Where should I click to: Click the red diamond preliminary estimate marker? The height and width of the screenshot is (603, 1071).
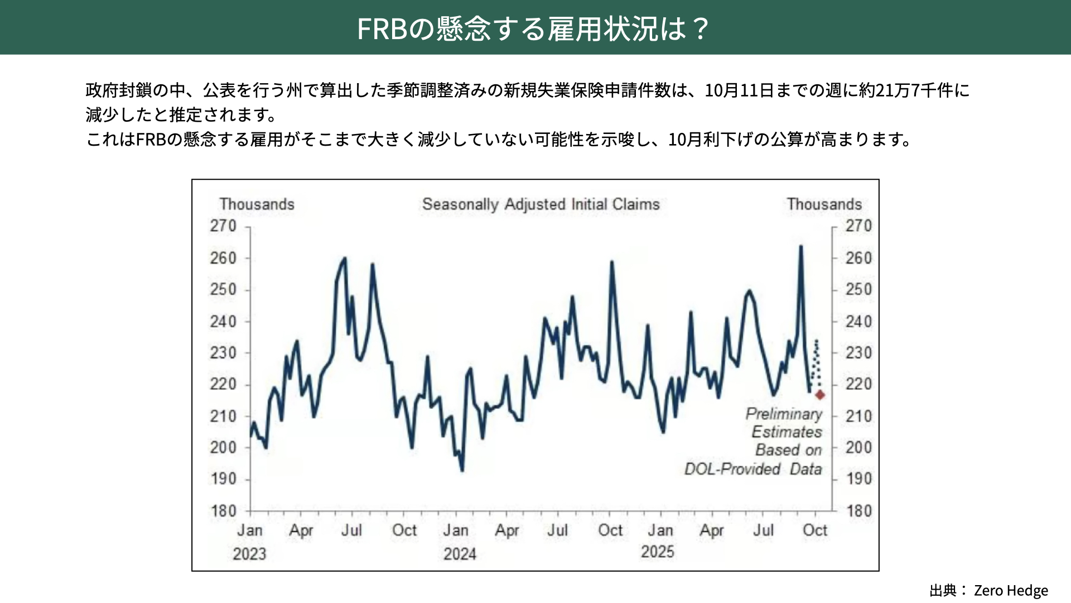click(x=820, y=395)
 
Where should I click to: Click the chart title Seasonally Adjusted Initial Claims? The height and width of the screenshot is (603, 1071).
click(x=541, y=204)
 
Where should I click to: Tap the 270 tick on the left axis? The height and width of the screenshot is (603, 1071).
click(x=223, y=226)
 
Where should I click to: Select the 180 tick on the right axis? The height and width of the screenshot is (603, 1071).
click(x=858, y=511)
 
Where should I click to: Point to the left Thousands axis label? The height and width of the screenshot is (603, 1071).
click(x=257, y=204)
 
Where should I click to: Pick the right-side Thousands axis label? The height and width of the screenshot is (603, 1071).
click(x=824, y=204)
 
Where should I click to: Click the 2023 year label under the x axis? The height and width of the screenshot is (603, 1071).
click(x=249, y=554)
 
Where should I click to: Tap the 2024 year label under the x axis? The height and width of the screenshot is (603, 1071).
click(x=460, y=554)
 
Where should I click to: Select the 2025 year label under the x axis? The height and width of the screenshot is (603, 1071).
click(x=658, y=552)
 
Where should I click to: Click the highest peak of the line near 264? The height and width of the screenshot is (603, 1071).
click(x=801, y=246)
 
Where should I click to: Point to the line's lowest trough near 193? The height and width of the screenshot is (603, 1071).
click(x=462, y=470)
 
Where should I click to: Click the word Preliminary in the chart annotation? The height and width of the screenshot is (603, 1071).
click(x=784, y=414)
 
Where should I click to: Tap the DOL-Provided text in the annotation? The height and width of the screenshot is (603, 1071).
click(x=732, y=468)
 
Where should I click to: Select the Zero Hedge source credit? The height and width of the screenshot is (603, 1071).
click(x=1011, y=590)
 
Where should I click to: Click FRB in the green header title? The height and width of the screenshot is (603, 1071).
click(x=382, y=28)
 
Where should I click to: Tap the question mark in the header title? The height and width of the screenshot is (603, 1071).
click(x=701, y=28)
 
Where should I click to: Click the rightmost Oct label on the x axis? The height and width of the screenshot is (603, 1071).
click(x=814, y=530)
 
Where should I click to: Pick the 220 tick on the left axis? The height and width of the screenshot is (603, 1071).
click(x=223, y=384)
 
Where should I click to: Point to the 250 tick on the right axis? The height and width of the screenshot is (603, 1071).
click(x=858, y=289)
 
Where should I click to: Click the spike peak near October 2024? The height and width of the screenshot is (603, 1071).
click(x=612, y=261)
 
